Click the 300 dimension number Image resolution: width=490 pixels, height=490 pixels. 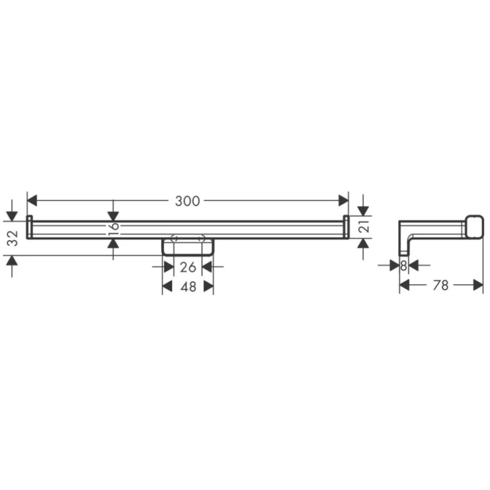[187, 201]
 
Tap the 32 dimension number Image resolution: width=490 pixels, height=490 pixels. [13, 238]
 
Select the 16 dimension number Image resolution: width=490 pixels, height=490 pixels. [114, 229]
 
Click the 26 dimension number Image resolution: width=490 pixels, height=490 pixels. [188, 267]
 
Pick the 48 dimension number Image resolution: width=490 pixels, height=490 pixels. [188, 286]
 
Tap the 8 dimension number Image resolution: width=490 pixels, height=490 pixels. [403, 265]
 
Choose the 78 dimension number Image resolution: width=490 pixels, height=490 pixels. [441, 285]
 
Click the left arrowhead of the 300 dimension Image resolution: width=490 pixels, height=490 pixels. [32, 201]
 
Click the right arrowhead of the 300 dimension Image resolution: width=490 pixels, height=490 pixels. [343, 201]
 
